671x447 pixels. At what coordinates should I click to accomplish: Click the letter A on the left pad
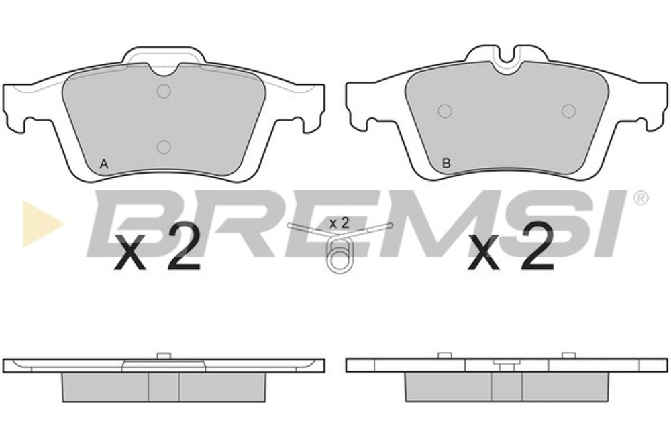click(x=103, y=163)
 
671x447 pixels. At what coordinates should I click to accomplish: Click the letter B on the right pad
click(x=446, y=163)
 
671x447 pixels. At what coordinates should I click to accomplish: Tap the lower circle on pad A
click(x=163, y=146)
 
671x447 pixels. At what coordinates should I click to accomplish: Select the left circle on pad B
click(x=444, y=111)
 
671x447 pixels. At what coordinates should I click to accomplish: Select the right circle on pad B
click(x=568, y=111)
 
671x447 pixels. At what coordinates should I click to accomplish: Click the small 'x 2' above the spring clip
click(x=339, y=222)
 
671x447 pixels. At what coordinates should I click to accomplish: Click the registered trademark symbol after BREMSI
click(x=641, y=199)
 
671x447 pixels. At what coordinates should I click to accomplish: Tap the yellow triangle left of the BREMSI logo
click(x=40, y=222)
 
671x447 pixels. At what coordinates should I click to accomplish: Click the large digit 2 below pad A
click(x=182, y=247)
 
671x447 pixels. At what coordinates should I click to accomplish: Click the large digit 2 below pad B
click(x=536, y=247)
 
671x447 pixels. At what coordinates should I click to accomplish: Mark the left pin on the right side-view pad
click(x=444, y=355)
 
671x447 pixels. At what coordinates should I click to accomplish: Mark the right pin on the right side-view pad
click(x=568, y=355)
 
